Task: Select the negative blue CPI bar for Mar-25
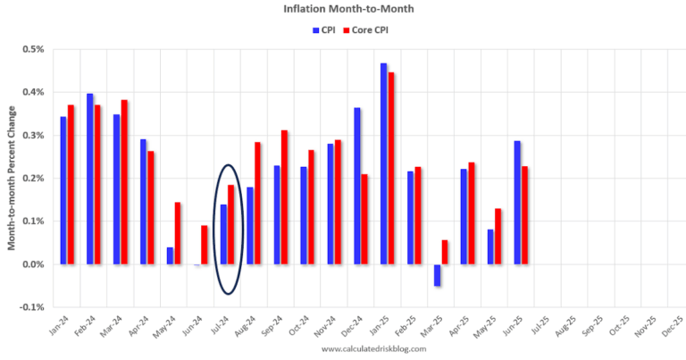438,275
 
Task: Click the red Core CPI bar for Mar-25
446,252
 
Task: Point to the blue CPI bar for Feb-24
90,179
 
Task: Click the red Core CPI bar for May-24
179,233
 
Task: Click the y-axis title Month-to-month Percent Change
12,178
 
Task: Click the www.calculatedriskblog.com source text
361,349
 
